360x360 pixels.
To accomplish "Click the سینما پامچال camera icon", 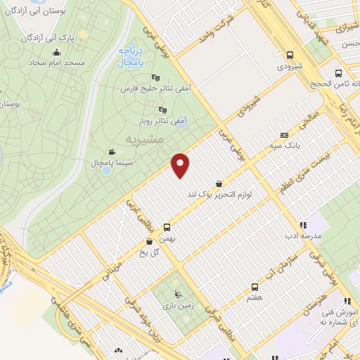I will click(112, 152).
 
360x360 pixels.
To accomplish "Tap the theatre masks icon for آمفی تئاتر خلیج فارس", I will click(155, 78).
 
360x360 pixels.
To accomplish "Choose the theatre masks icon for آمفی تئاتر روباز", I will click(163, 109).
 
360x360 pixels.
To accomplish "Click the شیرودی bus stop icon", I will click(290, 55).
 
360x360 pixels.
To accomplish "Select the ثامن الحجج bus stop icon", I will click(339, 72).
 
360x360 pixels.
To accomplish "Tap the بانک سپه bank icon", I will click(284, 135).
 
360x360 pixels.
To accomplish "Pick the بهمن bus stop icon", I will click(167, 227).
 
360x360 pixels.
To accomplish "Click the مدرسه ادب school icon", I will click(303, 225).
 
